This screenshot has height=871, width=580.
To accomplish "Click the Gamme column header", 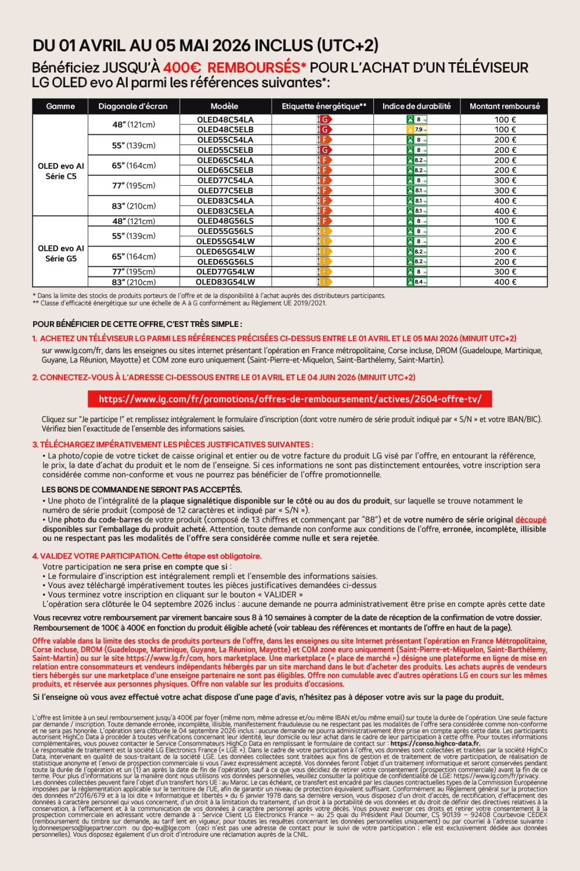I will (60, 106).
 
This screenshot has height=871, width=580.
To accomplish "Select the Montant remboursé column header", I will (505, 106).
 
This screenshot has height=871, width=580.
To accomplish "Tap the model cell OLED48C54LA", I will (225, 120).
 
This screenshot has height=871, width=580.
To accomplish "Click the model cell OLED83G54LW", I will (225, 282).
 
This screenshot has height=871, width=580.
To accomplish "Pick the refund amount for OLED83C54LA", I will (505, 201).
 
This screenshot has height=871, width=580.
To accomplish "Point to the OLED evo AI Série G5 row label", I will (60, 253).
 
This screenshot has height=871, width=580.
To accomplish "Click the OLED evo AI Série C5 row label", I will (60, 171).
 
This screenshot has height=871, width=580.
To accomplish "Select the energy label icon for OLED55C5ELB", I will (325, 150).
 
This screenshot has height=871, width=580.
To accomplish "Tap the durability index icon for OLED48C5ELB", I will (417, 129).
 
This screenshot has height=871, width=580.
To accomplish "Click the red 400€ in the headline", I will (182, 68).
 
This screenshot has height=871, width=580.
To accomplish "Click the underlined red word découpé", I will (530, 520).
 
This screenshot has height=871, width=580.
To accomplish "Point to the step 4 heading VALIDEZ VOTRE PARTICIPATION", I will (147, 556).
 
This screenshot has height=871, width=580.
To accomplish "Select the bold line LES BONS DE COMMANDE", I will (142, 490).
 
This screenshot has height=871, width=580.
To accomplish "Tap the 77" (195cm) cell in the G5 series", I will (134, 272).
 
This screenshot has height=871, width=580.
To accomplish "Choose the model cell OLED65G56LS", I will (225, 262).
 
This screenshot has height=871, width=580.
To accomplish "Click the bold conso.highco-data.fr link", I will (435, 743).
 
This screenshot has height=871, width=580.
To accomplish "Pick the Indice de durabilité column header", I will (416, 106).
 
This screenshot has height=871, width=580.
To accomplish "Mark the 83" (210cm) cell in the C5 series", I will (134, 206).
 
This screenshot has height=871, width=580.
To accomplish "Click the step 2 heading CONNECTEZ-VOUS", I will (224, 377).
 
